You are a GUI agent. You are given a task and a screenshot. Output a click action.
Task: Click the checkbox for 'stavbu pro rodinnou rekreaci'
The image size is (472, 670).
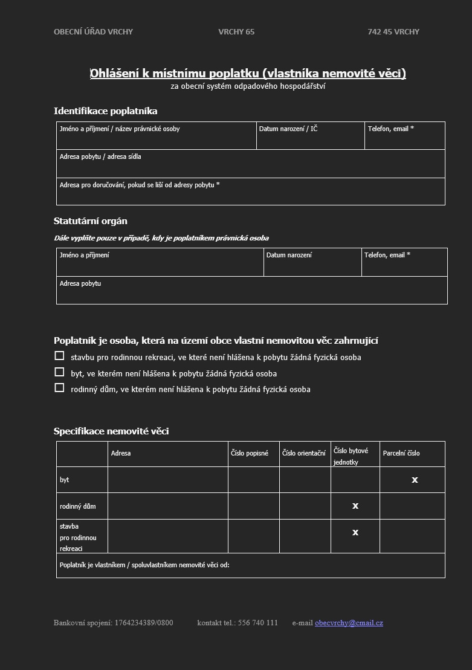(59, 356)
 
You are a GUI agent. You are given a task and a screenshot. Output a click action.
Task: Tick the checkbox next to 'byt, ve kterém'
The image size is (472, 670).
(59, 372)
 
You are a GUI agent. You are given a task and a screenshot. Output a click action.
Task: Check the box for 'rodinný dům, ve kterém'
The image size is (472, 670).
(59, 388)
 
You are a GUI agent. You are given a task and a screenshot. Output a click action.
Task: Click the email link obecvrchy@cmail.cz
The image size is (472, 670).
(349, 623)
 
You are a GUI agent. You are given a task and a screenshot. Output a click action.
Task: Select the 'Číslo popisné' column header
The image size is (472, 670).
(250, 453)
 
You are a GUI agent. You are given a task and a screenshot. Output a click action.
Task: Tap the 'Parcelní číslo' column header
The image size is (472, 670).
(401, 453)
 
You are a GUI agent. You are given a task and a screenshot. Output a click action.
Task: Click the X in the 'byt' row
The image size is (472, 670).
(415, 480)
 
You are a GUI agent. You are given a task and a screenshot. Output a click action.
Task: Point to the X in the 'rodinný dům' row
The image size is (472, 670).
(355, 506)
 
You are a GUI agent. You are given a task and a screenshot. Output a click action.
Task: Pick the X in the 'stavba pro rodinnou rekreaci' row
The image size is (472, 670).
(355, 532)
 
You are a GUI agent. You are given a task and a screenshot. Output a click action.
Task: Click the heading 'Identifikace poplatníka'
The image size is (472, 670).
(106, 111)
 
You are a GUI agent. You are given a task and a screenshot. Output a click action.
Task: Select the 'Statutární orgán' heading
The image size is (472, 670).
(91, 221)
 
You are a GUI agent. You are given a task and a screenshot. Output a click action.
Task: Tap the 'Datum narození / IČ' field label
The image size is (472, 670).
(288, 129)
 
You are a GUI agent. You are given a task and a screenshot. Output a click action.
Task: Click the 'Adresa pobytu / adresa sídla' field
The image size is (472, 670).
(250, 164)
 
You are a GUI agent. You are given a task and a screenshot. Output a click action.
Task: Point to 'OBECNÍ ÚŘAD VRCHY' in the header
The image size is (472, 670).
(93, 32)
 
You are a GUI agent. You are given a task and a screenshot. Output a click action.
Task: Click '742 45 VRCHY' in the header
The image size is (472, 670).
(393, 32)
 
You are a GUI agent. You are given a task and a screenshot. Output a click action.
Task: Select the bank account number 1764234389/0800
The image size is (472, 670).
(144, 623)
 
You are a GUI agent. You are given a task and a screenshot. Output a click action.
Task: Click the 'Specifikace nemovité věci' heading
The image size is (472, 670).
(111, 431)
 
